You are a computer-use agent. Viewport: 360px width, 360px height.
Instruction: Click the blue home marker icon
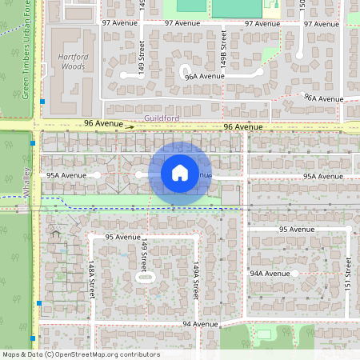tap(179, 173)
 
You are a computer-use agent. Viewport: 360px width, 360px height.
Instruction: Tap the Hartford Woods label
tap(73, 62)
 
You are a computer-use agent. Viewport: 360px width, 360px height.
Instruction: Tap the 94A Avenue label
tap(270, 274)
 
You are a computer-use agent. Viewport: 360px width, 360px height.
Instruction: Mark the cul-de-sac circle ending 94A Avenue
tap(294, 274)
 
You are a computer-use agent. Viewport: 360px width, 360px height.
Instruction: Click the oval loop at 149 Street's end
tap(145, 278)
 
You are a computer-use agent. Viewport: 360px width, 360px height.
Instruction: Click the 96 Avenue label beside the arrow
tap(104, 124)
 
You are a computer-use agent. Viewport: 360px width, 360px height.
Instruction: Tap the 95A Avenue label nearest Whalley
tap(66, 174)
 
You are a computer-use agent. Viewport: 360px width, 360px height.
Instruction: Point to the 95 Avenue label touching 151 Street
tap(297, 230)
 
